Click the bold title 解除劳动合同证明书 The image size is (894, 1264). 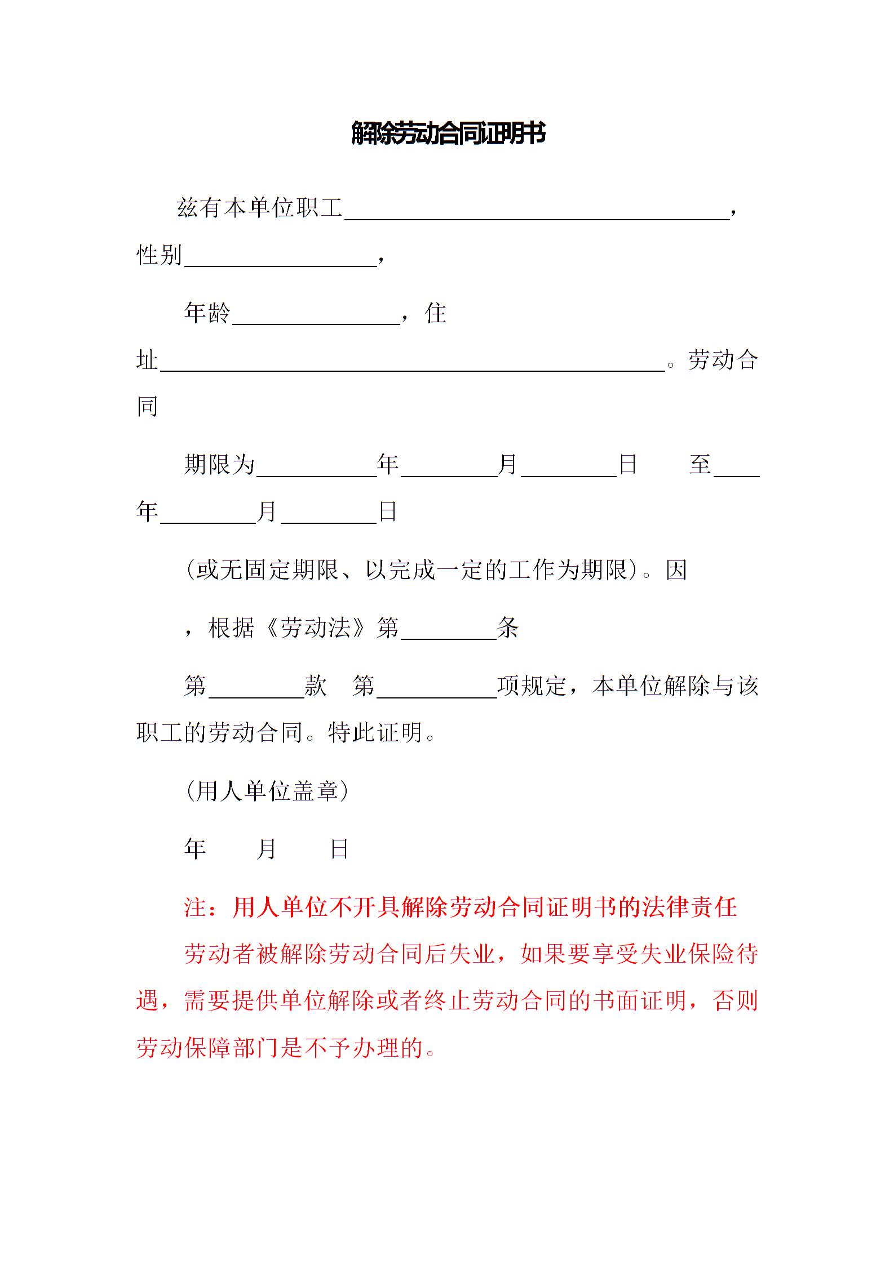click(448, 133)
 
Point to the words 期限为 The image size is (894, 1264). click(219, 465)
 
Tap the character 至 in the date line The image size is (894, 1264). click(700, 465)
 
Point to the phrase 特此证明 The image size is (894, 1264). click(375, 733)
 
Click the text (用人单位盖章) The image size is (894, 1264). click(267, 791)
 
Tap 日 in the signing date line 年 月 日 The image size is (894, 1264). click(339, 849)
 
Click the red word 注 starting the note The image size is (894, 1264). click(196, 907)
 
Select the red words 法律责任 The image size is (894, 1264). click(689, 907)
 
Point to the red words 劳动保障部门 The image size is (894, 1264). click(208, 1048)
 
